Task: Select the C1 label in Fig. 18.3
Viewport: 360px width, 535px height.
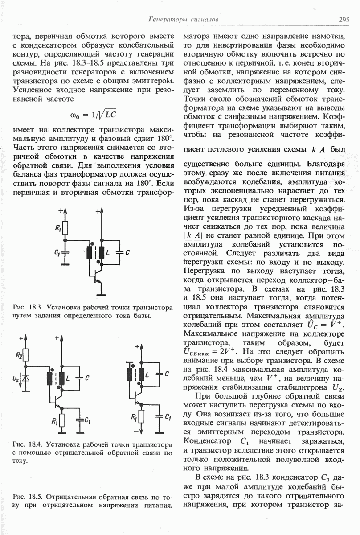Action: [57, 253]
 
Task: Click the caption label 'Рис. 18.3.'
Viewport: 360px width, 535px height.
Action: [28, 308]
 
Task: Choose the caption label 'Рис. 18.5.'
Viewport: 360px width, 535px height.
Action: [28, 497]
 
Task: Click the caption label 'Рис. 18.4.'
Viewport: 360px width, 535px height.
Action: [28, 444]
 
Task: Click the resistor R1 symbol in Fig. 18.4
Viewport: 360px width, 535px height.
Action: [62, 420]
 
